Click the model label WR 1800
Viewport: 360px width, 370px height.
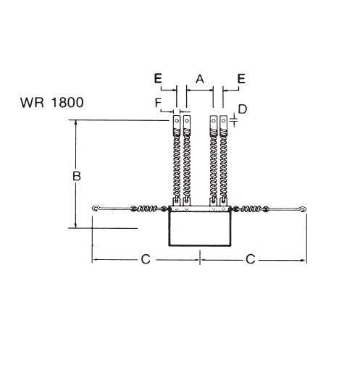tap(51, 102)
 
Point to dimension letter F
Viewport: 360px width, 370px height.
tap(159, 104)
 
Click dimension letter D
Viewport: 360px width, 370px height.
tap(243, 109)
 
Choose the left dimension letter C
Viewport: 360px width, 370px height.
tap(145, 259)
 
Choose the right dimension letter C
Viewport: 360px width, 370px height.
tap(251, 259)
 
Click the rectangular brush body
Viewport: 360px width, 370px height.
tap(199, 228)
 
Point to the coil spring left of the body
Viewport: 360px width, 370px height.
tap(148, 210)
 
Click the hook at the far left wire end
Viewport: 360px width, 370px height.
tap(96, 210)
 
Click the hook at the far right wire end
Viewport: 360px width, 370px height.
tap(303, 210)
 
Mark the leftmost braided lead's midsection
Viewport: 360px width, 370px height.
tap(175, 167)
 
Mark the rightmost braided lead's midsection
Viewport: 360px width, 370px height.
tap(224, 167)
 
